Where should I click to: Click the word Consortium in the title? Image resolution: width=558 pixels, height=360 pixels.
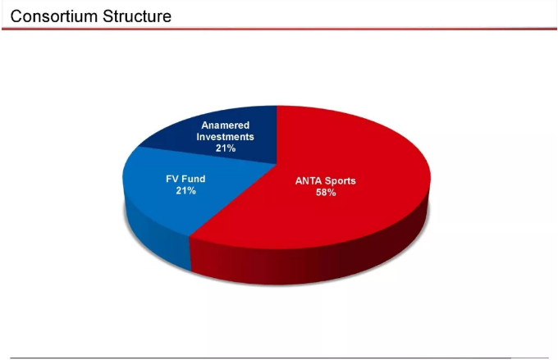[x=54, y=16]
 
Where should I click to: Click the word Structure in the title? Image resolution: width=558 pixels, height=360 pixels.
[x=137, y=16]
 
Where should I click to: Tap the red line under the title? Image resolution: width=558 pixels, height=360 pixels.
[x=279, y=29]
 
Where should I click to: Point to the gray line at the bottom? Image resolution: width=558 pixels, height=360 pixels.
[x=279, y=358]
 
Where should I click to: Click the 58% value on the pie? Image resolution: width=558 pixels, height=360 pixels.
[x=326, y=193]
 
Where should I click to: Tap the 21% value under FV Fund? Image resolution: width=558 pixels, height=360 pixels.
[x=185, y=191]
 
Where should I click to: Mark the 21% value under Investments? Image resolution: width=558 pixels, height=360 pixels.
[x=226, y=148]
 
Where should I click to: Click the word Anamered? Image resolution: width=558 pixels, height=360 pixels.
[x=226, y=125]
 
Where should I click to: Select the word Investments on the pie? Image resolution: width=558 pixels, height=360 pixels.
[x=226, y=137]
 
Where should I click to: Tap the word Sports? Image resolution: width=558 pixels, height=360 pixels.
[x=341, y=181]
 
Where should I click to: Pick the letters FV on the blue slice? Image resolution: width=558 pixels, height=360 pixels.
[x=172, y=179]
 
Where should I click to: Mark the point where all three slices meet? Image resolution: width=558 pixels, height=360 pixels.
[x=277, y=164]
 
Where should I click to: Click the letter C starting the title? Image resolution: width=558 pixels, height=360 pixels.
[x=16, y=16]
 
